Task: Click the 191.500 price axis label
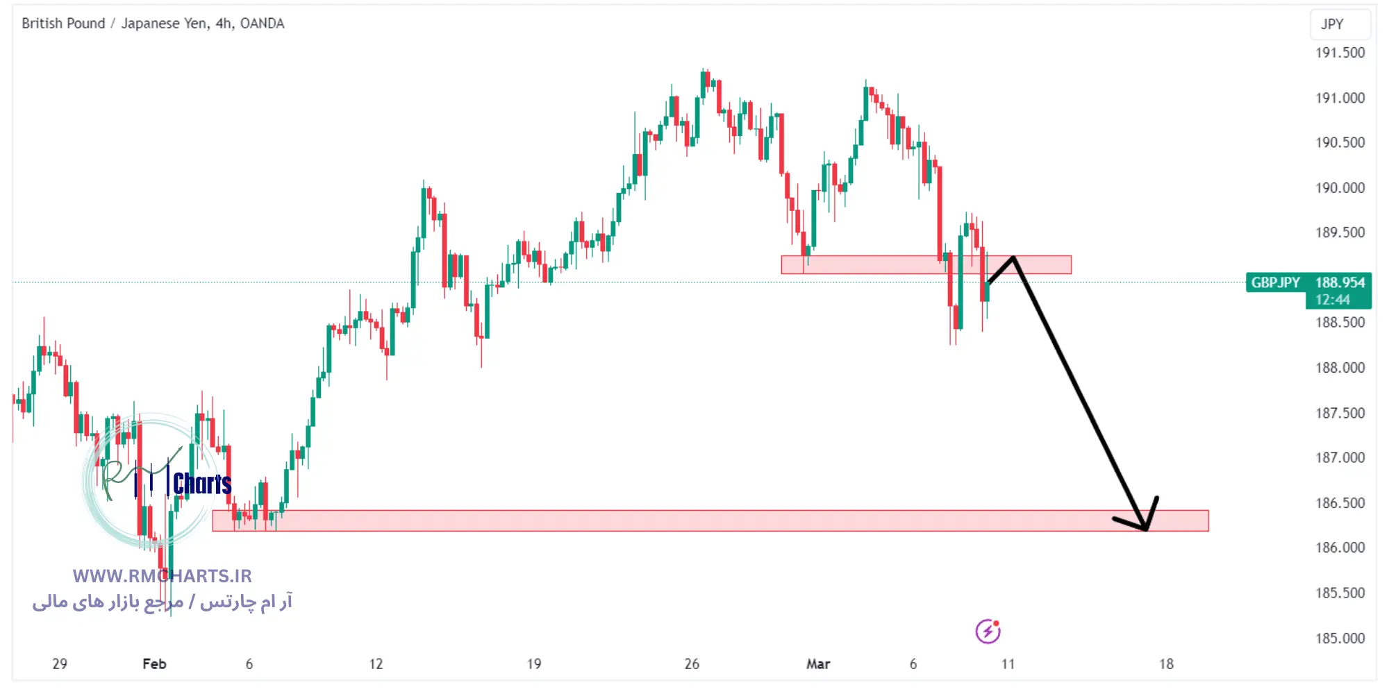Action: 1340,53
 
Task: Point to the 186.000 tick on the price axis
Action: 1340,548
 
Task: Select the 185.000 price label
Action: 1340,638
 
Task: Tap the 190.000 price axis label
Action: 1340,188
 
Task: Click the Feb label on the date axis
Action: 154,664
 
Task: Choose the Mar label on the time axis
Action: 818,664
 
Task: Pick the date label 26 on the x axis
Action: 692,664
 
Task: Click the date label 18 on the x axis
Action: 1166,664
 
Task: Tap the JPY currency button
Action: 1332,24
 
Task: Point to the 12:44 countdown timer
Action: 1332,300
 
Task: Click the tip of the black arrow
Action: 1145,530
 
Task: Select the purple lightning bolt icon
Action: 988,632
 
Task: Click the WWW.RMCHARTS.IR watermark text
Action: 163,576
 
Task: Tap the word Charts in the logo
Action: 202,484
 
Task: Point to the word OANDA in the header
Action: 262,24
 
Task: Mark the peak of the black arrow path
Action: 1013,257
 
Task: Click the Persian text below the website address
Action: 163,602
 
